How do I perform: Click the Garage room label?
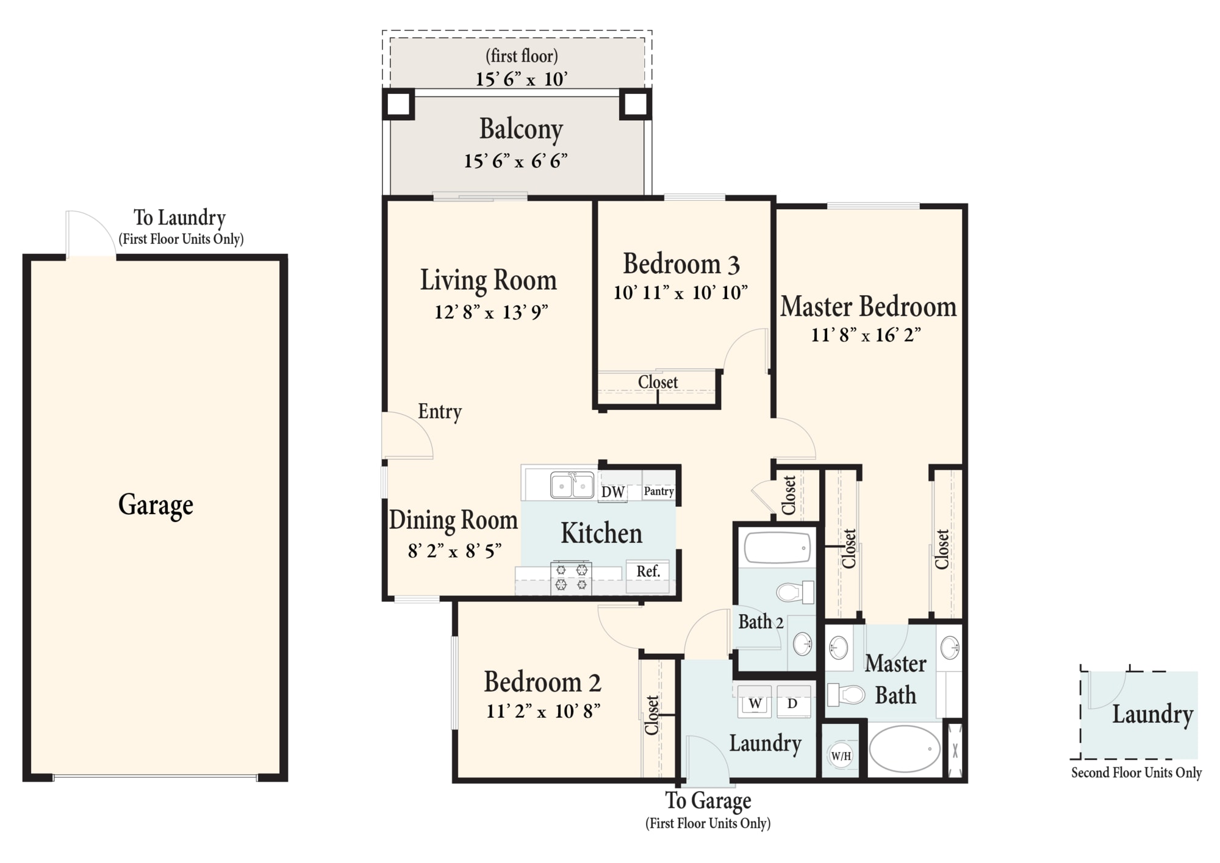point(156,505)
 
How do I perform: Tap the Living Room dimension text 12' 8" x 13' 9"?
point(491,312)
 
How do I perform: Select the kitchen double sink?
point(572,485)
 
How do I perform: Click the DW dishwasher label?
point(613,492)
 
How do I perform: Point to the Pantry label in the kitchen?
point(659,491)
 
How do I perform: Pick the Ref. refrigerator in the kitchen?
point(648,571)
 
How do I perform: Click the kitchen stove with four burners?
point(571,578)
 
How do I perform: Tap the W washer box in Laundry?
point(755,703)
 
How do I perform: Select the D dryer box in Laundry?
point(793,703)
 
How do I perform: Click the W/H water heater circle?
point(841,756)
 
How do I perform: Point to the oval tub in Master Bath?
point(904,749)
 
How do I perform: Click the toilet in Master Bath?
point(846,694)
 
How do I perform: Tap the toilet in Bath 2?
point(795,592)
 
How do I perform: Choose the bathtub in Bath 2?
point(777,547)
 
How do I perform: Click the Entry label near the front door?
point(440,412)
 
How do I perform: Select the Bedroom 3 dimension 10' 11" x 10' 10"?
point(680,293)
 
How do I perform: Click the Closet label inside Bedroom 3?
point(658,382)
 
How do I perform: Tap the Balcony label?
point(521,130)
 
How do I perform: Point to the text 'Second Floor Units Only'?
point(1136,773)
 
